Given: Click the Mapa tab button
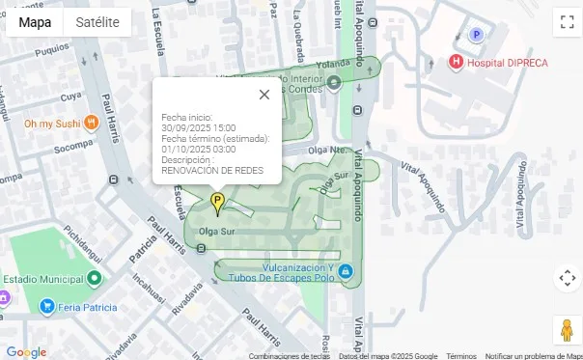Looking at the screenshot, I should click(x=36, y=22).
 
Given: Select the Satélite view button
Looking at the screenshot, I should click(x=97, y=22).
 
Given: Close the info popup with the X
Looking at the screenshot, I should click(x=264, y=95).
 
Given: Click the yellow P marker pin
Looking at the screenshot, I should click(x=217, y=203).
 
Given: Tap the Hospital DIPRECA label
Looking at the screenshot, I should click(x=507, y=63).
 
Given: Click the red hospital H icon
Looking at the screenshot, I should click(x=456, y=63).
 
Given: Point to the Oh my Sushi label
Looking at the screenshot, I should click(x=51, y=124).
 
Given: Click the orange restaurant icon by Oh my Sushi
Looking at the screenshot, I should click(x=91, y=123).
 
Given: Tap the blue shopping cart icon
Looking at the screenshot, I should click(x=46, y=306).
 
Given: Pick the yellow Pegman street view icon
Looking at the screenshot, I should click(x=567, y=329).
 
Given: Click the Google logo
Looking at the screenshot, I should click(x=26, y=352).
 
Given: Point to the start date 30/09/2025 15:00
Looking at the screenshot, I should click(x=199, y=127).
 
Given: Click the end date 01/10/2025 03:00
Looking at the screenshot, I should click(x=199, y=149).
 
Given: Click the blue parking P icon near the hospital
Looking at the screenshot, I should click(x=475, y=35).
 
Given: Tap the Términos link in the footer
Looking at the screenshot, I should click(x=460, y=356).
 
